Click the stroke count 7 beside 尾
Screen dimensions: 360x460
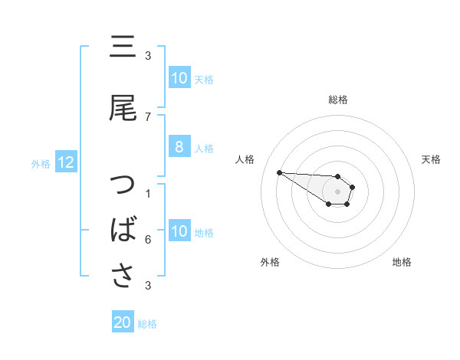[x=148, y=117]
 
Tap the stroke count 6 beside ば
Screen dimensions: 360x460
[x=148, y=240]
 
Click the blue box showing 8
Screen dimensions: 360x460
[x=179, y=148]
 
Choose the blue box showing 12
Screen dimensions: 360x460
[x=65, y=162]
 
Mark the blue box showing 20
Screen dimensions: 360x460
[x=123, y=323]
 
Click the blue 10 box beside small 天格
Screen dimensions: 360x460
[x=179, y=78]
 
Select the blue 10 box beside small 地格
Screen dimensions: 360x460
[x=179, y=232]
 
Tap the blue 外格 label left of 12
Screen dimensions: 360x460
[x=40, y=163]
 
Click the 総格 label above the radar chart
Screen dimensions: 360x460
[x=337, y=100]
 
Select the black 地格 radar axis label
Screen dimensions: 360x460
[x=402, y=262]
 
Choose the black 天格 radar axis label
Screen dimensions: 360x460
[x=431, y=159]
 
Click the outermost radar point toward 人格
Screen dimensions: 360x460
[x=279, y=172]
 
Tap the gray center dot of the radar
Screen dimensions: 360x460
[x=337, y=191]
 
